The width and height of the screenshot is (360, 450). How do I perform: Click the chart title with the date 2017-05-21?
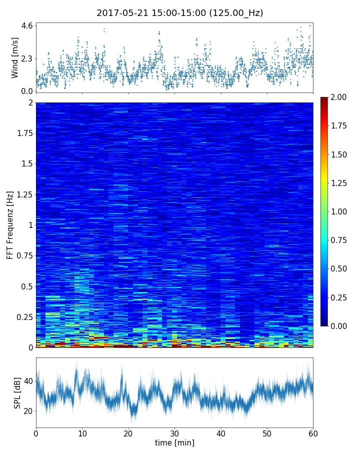179,13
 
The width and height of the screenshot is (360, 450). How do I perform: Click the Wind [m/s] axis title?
15,57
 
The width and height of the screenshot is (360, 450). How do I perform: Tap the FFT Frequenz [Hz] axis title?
10,225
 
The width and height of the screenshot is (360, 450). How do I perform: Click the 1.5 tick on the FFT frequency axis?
25,164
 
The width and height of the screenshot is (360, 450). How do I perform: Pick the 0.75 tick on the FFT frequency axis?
23,256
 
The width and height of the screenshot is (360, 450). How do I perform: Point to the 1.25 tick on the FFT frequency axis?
23,194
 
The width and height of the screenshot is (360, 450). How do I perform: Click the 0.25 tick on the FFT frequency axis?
23,317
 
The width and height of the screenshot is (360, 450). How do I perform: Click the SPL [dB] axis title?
17,392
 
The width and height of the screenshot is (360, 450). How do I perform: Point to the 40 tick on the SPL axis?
27,381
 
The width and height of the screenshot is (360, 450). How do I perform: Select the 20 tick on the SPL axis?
27,411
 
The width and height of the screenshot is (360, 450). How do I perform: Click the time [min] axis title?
174,442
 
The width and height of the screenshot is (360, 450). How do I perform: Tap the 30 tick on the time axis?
174,432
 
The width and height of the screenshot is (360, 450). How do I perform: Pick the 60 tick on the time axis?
313,432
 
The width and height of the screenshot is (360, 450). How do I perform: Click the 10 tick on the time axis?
82,432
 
